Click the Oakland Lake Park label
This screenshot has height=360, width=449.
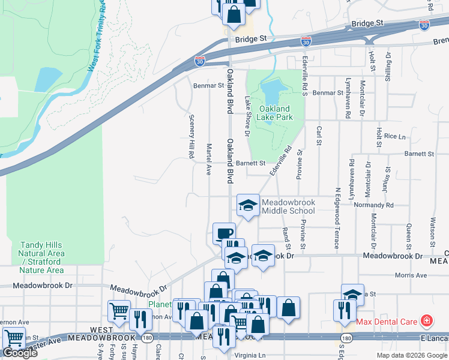point(276,113)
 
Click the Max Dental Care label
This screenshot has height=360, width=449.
point(387,322)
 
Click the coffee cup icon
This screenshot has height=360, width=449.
point(224,233)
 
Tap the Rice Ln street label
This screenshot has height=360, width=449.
point(395,137)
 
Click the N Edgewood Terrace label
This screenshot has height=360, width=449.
point(337,218)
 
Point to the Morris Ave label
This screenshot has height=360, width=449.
point(411,275)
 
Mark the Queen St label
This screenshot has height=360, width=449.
point(408,233)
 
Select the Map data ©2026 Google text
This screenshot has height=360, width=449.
point(411,355)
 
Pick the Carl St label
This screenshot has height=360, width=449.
point(319,136)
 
